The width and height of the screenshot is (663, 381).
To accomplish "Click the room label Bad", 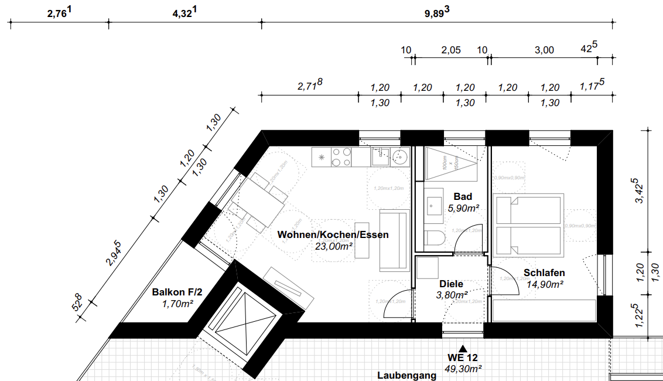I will (462, 196).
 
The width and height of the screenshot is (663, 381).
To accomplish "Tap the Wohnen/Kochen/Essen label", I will (333, 235).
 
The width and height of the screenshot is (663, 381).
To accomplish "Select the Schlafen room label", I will (544, 273).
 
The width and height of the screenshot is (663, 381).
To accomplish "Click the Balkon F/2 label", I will (177, 292).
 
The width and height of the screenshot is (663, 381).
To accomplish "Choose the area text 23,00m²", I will (333, 247).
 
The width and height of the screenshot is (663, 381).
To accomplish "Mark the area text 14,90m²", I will (545, 284).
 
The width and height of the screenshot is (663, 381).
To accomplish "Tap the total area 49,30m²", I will (464, 369).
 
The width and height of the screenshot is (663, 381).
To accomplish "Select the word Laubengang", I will (406, 375).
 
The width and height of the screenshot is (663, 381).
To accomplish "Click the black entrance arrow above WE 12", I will (464, 347).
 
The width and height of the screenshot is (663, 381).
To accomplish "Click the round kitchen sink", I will (400, 157).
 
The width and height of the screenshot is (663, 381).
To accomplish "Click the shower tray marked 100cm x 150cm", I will (450, 162).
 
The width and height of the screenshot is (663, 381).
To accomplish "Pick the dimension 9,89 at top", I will (436, 12).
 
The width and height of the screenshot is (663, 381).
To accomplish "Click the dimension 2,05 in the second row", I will (450, 50).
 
